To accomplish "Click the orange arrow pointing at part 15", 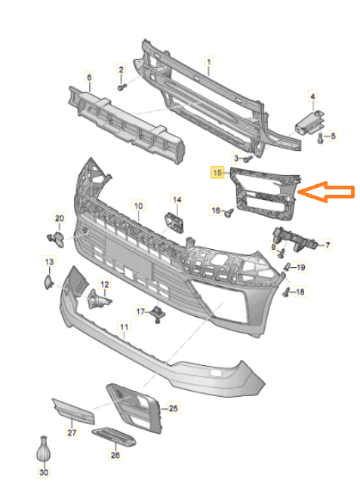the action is coord(326,192).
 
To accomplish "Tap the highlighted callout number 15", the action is coord(217,173).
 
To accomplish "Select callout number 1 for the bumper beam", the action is coord(209,62).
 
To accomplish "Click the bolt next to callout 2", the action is coord(122,87).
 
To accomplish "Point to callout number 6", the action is coord(89,77).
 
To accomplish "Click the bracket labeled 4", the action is coord(309,123).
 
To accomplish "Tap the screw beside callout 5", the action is coord(321,138).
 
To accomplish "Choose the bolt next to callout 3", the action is coord(248,159).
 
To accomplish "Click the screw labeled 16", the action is coord(229,213).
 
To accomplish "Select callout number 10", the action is coord(138,206).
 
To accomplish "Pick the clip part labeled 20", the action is coord(56,239).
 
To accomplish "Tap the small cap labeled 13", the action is coord(48,281).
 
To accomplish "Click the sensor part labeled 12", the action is coord(98,300).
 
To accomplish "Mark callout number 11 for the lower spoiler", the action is coord(125,327).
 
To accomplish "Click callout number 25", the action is coord(174,408).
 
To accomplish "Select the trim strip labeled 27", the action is coord(73,412).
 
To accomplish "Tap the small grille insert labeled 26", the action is coord(114,436).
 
